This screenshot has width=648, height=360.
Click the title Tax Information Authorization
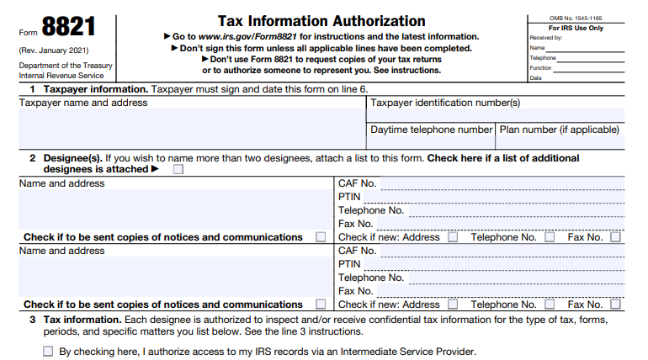(x=321, y=20)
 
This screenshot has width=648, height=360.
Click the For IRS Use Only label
(x=576, y=28)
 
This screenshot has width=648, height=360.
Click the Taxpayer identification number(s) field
(x=497, y=115)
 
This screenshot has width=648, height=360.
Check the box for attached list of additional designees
(x=178, y=169)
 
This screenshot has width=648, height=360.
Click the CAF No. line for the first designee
(x=502, y=183)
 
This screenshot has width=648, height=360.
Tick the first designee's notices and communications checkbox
(x=321, y=237)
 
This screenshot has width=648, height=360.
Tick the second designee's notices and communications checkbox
(x=321, y=304)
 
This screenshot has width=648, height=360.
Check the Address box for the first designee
(x=453, y=237)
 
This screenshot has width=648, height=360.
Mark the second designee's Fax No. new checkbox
(x=615, y=304)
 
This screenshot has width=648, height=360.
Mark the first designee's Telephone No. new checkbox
(x=550, y=237)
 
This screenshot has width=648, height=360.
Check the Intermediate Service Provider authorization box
(x=48, y=352)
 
